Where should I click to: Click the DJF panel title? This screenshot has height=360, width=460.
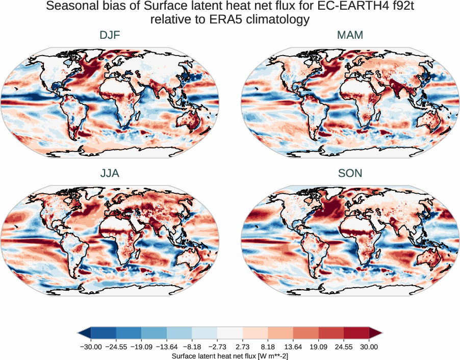pyautogui.click(x=110, y=35)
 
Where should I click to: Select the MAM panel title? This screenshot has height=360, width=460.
pyautogui.click(x=350, y=35)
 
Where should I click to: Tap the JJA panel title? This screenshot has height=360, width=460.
pyautogui.click(x=110, y=173)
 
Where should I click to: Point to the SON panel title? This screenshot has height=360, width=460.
pyautogui.click(x=350, y=173)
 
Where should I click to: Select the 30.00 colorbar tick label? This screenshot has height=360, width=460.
pyautogui.click(x=369, y=347)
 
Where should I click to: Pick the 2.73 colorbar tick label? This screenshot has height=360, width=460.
pyautogui.click(x=243, y=347)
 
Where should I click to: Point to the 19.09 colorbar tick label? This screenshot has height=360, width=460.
pyautogui.click(x=318, y=347)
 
